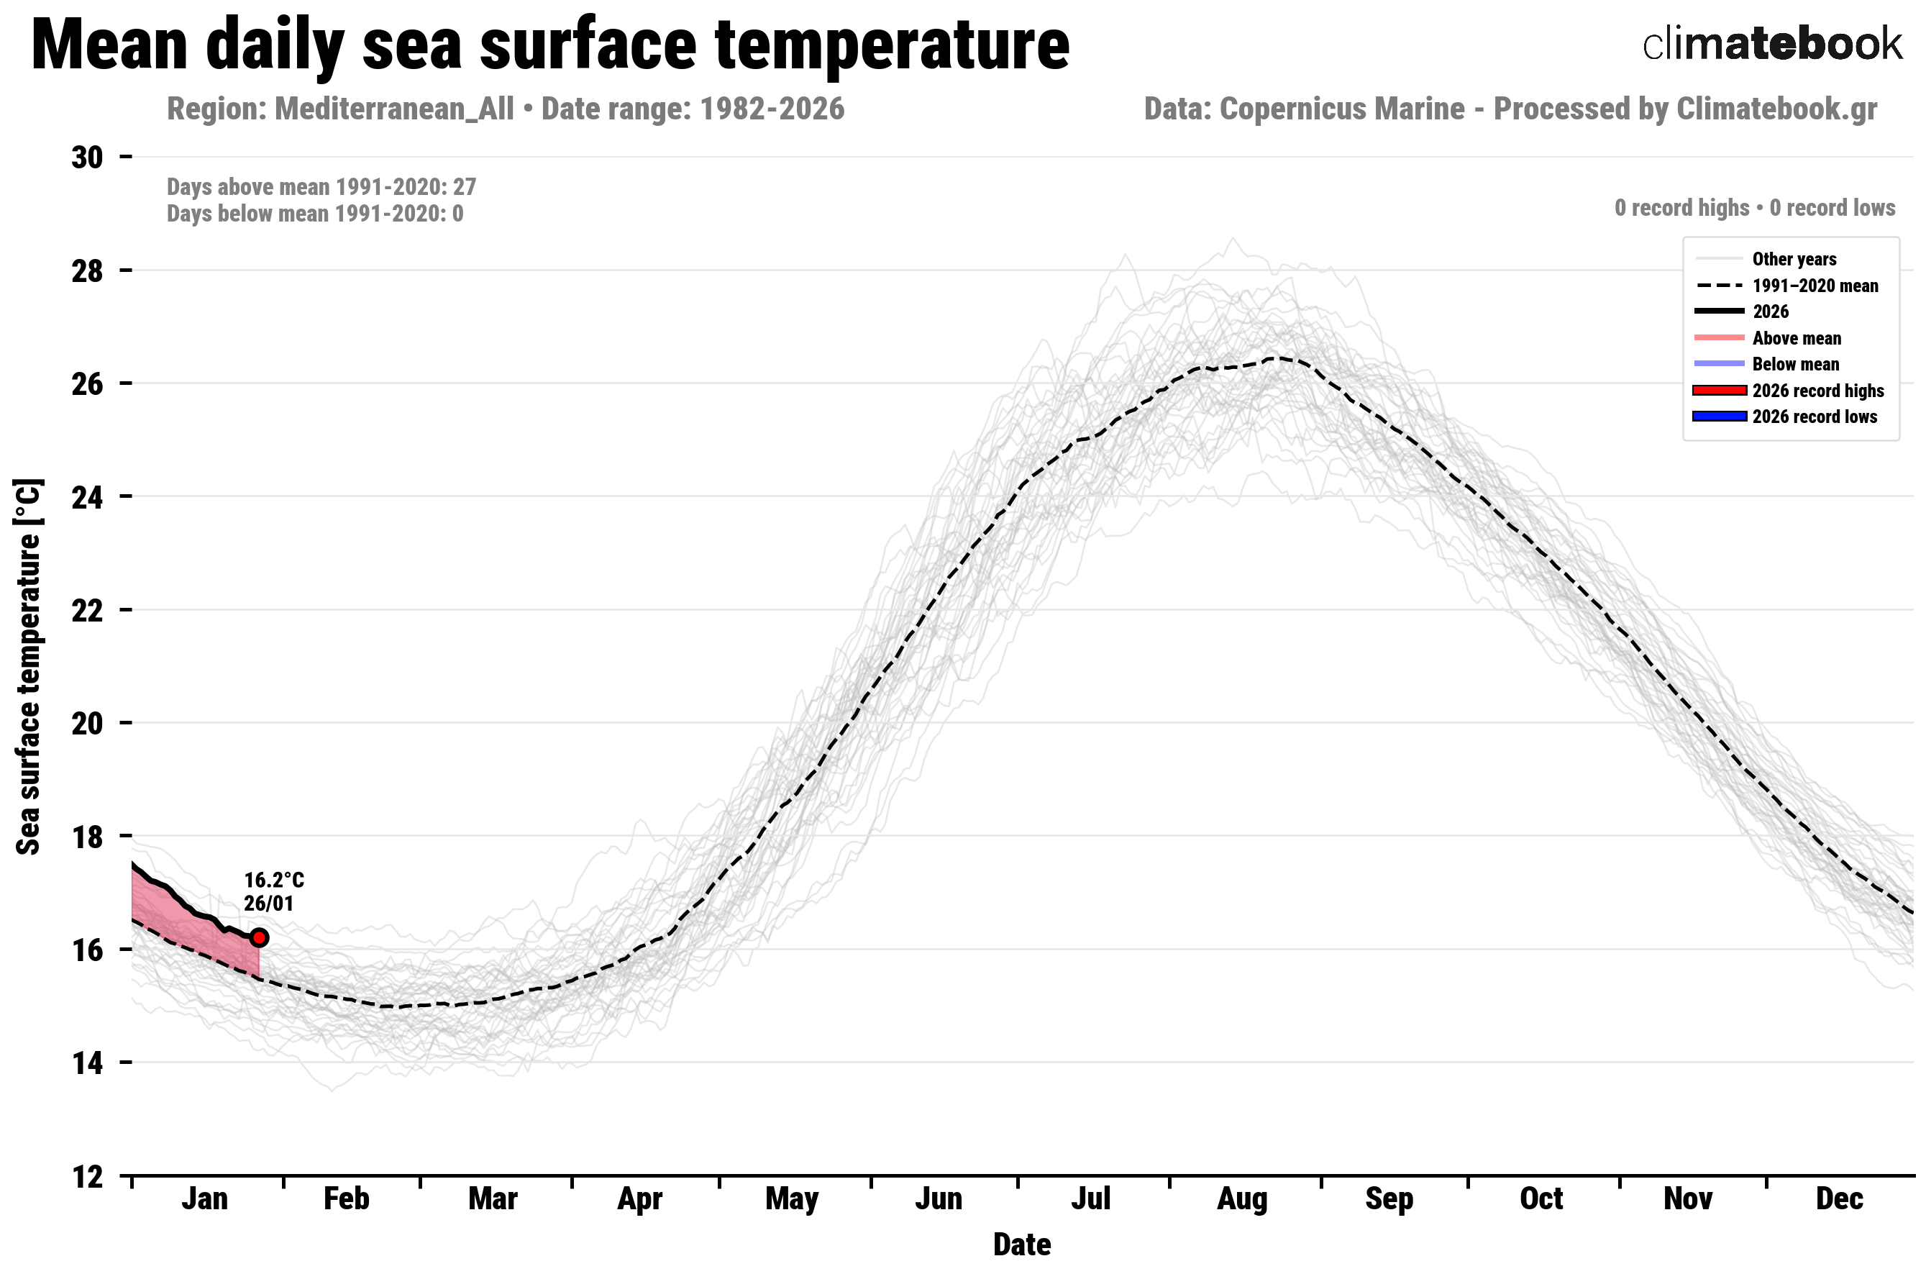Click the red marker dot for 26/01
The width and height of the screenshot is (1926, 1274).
(259, 937)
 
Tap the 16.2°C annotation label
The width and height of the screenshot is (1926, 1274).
(274, 880)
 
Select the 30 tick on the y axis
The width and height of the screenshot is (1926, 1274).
(88, 157)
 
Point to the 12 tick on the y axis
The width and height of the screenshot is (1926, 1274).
(88, 1175)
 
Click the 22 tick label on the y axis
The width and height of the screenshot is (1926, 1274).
(88, 610)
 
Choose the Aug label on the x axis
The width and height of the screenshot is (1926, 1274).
(1242, 1199)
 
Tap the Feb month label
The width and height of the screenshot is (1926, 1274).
(346, 1199)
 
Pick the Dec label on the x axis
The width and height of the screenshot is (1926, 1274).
(1839, 1199)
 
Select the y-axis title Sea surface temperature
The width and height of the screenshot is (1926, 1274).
(29, 666)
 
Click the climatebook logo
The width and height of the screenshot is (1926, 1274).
(1771, 44)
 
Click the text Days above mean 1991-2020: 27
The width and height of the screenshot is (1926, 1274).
(321, 187)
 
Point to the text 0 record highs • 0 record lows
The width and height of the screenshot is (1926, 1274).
(1755, 208)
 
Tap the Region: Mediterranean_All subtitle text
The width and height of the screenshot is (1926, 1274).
(340, 109)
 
